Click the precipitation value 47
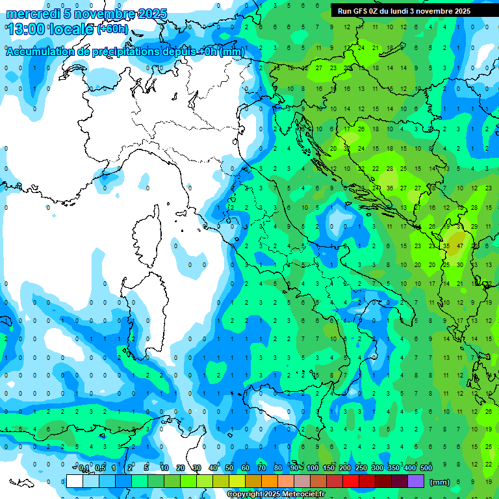click(460, 246)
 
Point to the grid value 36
click(390, 188)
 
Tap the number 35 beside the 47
click(446, 246)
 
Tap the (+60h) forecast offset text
click(112, 29)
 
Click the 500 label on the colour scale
click(426, 468)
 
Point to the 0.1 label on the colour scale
click(83, 468)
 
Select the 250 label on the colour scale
click(361, 468)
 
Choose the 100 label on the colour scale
click(312, 468)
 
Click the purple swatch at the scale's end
click(416, 481)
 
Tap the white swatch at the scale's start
click(75, 481)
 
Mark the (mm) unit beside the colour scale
click(440, 481)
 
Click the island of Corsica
click(147, 237)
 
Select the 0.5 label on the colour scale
click(99, 468)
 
